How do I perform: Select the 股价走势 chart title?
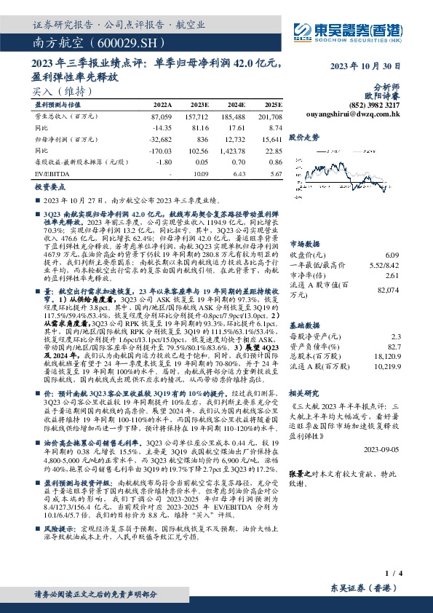point(304,136)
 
